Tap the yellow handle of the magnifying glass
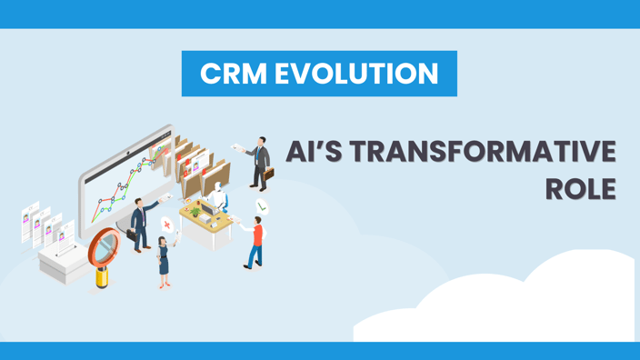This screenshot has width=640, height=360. [x=102, y=276]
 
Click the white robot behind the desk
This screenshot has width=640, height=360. [x=215, y=195]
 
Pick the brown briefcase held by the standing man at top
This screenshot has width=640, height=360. [x=269, y=178]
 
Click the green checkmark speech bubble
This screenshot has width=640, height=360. [x=262, y=206]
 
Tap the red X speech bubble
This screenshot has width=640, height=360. [x=167, y=225]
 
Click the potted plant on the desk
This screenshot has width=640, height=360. [x=195, y=211]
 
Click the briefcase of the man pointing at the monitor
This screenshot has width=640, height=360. [x=131, y=235]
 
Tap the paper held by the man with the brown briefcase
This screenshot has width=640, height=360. [x=238, y=147]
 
